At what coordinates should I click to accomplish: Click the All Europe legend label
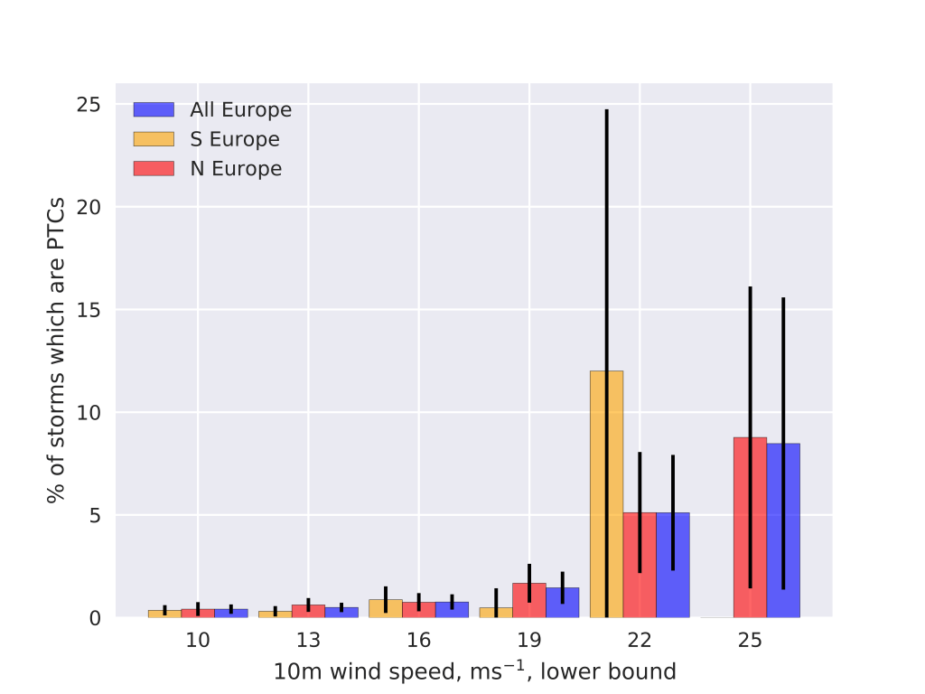pos(240,110)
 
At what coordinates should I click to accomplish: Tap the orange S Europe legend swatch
pos(153,139)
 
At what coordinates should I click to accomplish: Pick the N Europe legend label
pos(236,169)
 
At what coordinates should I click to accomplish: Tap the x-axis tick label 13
pos(308,641)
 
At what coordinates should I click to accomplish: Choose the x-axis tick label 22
pos(640,641)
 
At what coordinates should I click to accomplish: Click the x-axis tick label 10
pos(198,641)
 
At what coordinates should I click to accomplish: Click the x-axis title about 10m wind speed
pos(474,671)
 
